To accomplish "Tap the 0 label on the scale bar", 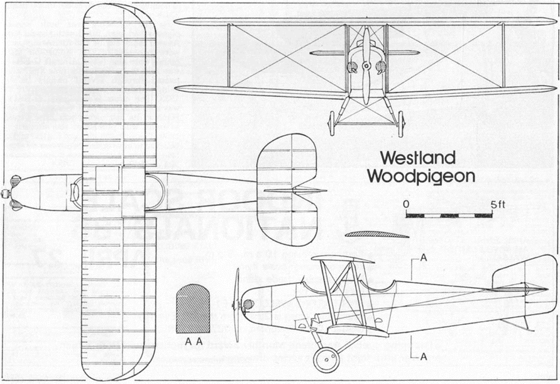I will coord(407,205).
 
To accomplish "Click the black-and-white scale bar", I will coord(449,215).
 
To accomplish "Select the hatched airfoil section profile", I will coord(377,235).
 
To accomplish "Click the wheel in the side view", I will coord(327,359).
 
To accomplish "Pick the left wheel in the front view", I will coord(331,123).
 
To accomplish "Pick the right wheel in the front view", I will coord(400,123).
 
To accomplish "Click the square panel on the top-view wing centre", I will coord(107,179).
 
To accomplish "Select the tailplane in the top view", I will coord(286,189).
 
